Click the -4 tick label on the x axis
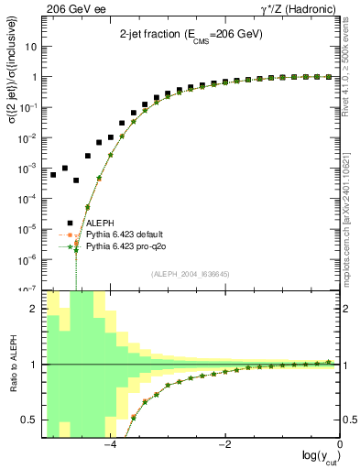click(x=110, y=446)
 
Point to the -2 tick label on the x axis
click(x=224, y=446)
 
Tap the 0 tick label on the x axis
click(x=339, y=446)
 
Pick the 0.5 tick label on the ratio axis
click(x=28, y=420)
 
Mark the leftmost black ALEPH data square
click(x=53, y=174)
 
